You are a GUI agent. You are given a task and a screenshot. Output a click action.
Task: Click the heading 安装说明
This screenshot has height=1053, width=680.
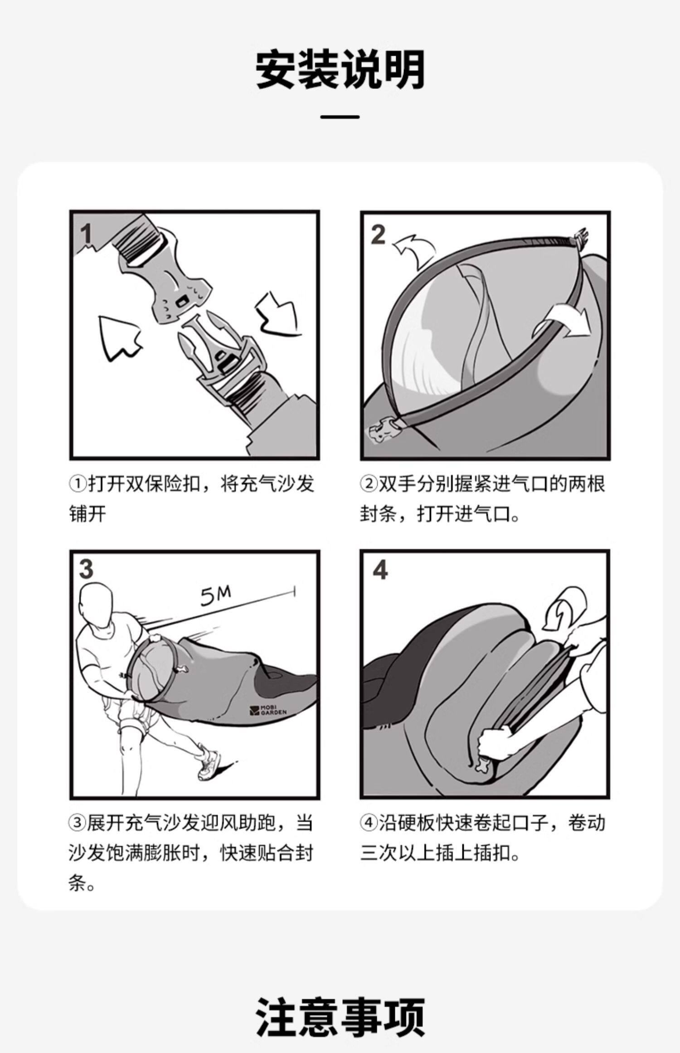click(340, 70)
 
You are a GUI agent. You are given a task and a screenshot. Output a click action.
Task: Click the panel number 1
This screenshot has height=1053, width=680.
click(85, 234)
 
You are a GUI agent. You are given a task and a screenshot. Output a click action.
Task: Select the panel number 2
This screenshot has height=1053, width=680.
click(378, 234)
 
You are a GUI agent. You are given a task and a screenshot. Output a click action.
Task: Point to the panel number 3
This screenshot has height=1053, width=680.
click(86, 569)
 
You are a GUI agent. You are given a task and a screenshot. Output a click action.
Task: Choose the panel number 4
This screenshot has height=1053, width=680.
click(380, 570)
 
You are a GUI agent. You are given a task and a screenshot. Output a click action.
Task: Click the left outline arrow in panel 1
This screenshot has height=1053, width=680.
click(118, 338)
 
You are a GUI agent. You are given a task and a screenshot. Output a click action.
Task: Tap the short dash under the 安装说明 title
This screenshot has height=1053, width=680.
click(340, 117)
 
